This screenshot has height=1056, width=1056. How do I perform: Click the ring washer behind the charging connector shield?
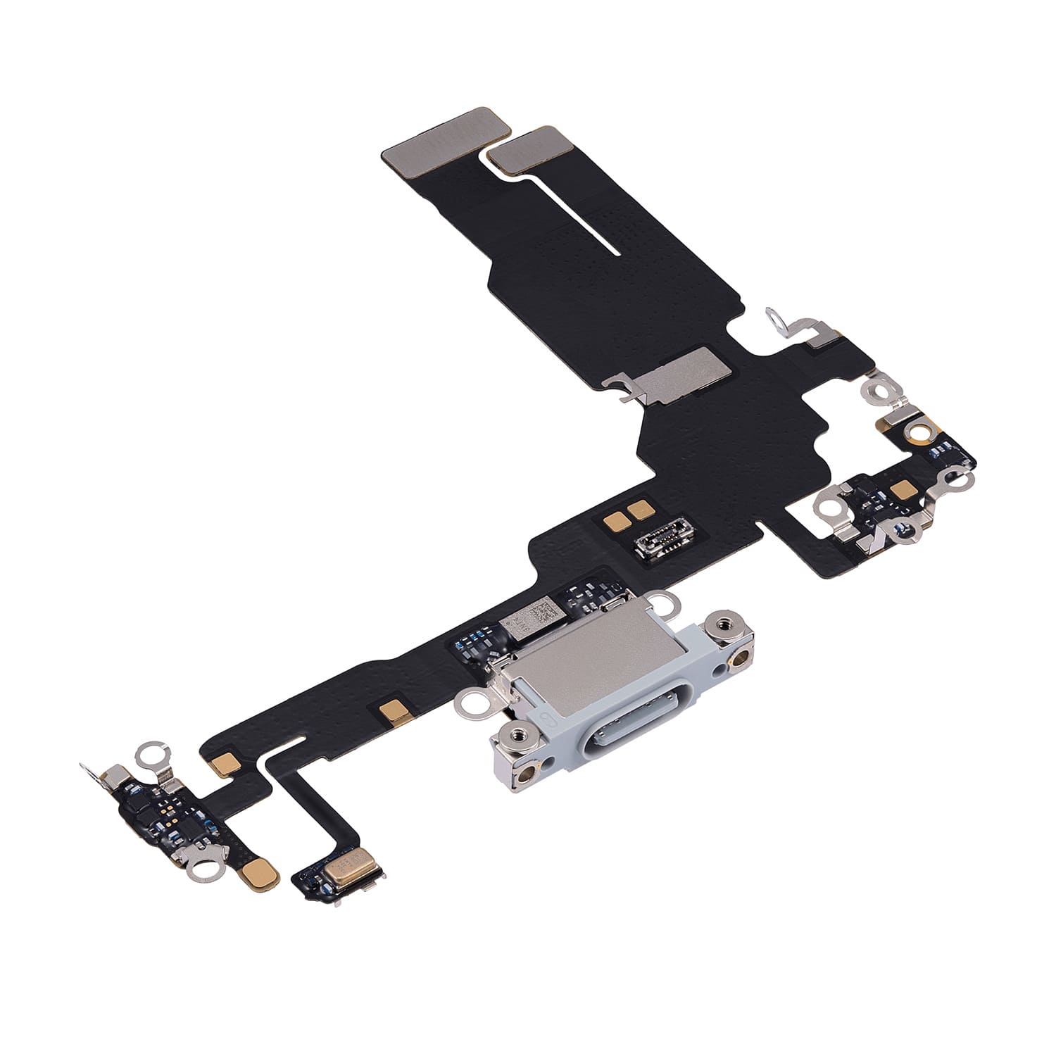pyautogui.click(x=663, y=601)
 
